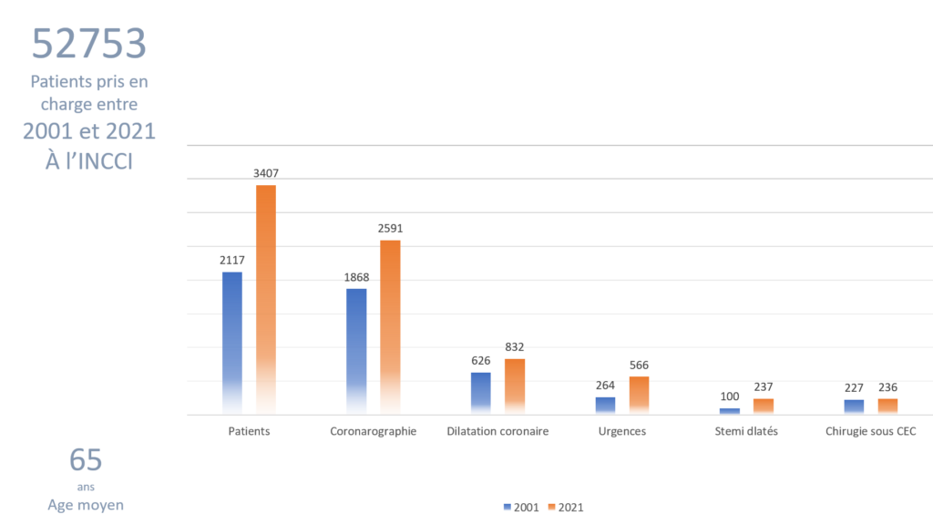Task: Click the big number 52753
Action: point(88,43)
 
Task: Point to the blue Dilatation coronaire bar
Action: point(480,393)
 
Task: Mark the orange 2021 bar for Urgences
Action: point(639,395)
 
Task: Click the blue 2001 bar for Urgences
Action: point(605,406)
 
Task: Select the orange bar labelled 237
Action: point(764,407)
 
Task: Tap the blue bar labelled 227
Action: point(854,407)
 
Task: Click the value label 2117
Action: point(231,261)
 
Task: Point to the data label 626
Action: point(480,361)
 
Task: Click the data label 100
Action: point(730,396)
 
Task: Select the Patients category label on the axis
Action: point(249,431)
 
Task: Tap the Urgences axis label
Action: point(622,431)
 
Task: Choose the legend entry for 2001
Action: point(520,507)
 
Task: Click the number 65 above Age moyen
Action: point(86,460)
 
